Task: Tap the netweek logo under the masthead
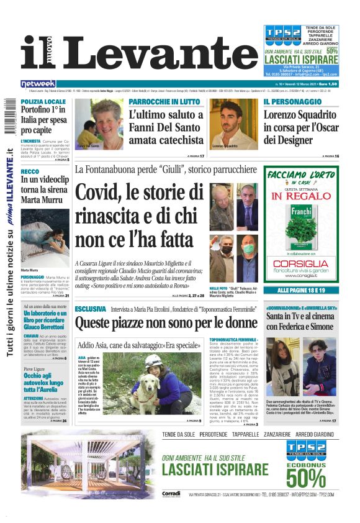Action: tap(38, 84)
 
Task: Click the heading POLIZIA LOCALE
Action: tap(42, 101)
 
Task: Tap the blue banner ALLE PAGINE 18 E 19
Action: tap(302, 291)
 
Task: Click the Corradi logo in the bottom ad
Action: tap(171, 493)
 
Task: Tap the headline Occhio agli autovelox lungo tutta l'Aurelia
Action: tap(43, 384)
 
